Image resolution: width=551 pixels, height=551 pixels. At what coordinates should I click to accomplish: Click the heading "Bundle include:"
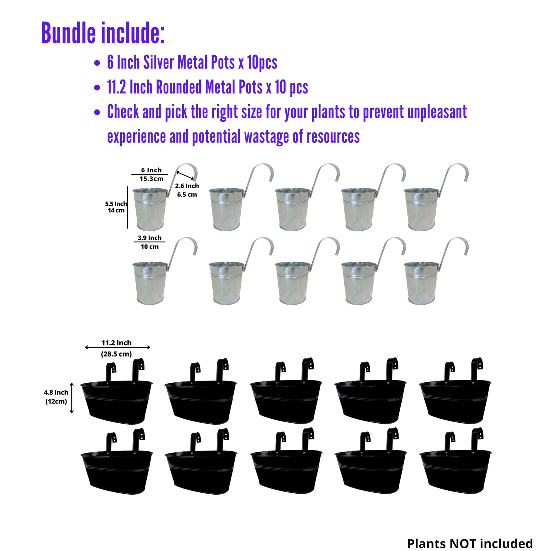pos(103,33)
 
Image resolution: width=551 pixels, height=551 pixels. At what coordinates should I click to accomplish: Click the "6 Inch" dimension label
pos(151,170)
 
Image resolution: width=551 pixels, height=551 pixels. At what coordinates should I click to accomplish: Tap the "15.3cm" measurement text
pos(151,179)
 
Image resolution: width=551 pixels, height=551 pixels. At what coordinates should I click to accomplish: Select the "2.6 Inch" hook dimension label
pos(187,186)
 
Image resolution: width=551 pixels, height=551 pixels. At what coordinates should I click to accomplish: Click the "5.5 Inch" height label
pos(116,204)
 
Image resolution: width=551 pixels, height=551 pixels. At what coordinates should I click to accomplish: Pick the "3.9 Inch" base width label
pos(150,238)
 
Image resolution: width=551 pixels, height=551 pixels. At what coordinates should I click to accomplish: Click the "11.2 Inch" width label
pos(116,343)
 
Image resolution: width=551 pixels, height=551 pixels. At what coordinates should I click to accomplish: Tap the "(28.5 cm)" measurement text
pos(116,354)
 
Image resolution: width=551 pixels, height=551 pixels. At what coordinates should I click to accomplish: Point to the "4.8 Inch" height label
pos(56,392)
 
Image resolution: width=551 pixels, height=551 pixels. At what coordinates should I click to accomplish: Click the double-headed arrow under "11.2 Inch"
pos(118,347)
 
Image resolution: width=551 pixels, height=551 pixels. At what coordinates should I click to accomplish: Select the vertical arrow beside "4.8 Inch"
pos(72,398)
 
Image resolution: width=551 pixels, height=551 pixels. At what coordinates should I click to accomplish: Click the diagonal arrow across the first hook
pos(185,175)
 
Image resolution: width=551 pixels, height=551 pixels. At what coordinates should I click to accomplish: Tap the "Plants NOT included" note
pos(470,543)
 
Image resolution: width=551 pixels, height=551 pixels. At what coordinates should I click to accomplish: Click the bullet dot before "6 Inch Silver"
pos(97,63)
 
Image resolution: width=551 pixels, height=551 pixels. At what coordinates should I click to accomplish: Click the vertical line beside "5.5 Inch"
pos(127,207)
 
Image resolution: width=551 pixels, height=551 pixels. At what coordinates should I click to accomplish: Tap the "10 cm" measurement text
pos(150,247)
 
